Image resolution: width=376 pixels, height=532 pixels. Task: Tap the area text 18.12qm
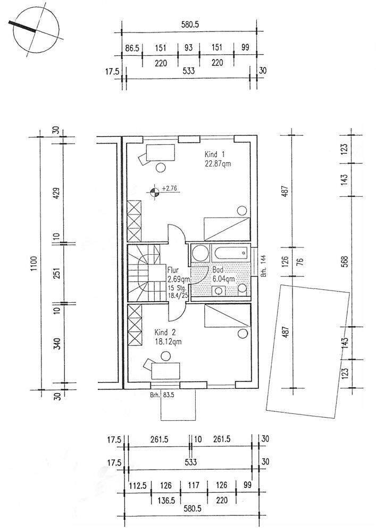point(168,342)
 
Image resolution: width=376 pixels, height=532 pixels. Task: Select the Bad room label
point(218,270)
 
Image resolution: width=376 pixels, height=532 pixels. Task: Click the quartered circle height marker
point(154,193)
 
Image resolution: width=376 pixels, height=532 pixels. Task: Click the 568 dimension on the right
point(345,261)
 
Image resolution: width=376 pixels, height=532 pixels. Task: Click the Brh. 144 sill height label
point(263,267)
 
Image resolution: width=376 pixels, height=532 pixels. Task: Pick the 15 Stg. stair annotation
point(177,288)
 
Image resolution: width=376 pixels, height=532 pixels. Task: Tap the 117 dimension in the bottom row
point(194,485)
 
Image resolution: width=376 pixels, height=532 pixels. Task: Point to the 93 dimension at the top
point(188,47)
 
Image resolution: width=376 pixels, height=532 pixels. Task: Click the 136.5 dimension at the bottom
point(166,500)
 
